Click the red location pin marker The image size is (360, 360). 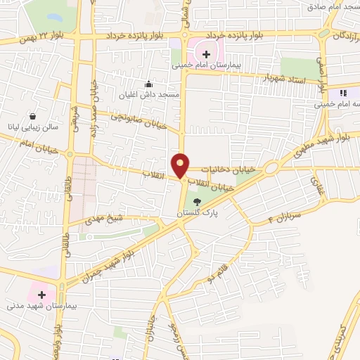[x=181, y=165]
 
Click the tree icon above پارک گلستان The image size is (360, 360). [x=197, y=202]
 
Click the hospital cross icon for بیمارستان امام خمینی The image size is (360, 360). [x=206, y=53]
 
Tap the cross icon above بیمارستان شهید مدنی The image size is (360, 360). [x=41, y=295]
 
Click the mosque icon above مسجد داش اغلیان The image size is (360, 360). [x=148, y=84]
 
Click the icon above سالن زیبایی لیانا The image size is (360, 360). [x=32, y=117]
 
